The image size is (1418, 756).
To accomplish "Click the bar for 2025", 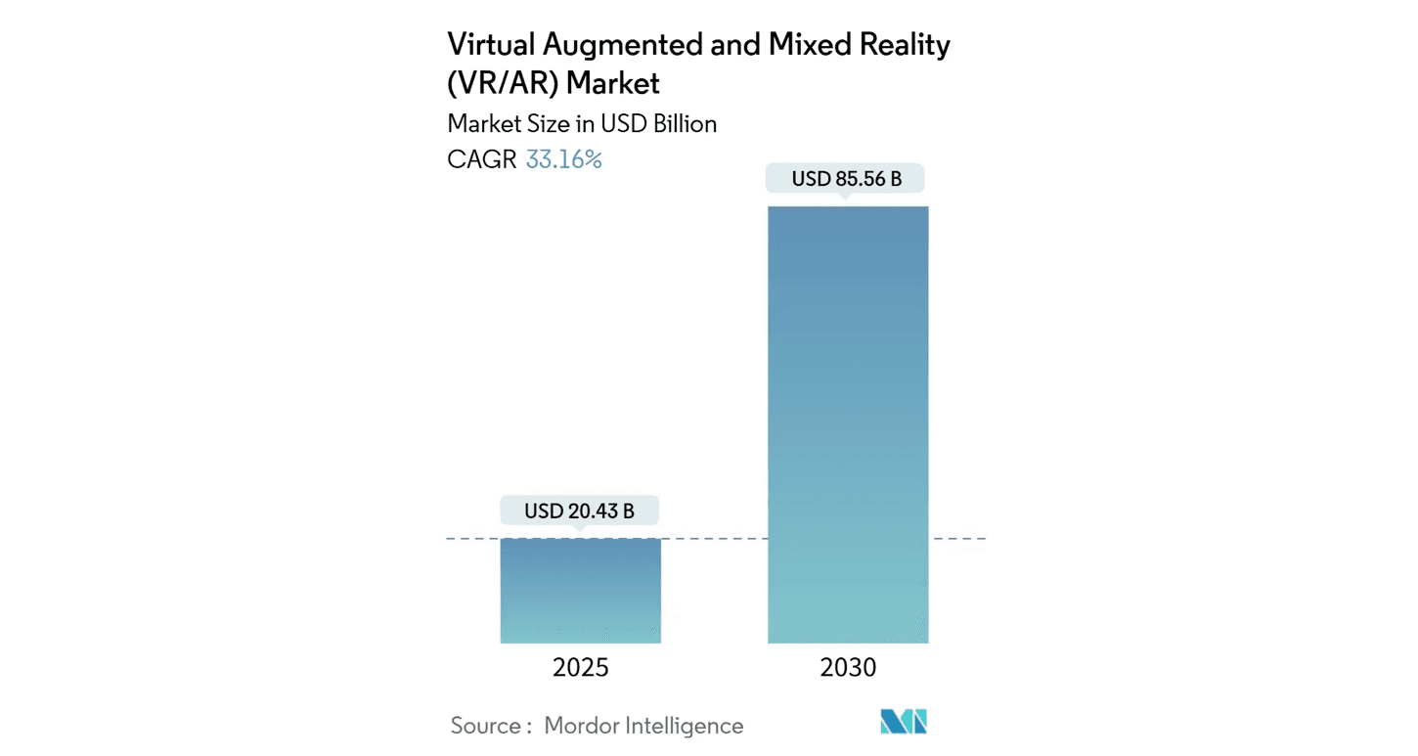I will [580, 591].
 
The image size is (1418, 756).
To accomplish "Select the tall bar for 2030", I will [848, 424].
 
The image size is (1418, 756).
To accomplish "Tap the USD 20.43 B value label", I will [579, 511].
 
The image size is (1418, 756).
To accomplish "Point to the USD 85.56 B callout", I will [847, 179].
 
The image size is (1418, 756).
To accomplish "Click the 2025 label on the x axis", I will [580, 668].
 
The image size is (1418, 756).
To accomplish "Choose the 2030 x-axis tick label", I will [848, 668].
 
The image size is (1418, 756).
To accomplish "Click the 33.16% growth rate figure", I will [563, 159].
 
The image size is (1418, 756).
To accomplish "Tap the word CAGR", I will [482, 159].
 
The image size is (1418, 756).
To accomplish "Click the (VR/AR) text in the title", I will [503, 84].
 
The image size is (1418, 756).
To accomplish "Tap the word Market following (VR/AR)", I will [613, 84].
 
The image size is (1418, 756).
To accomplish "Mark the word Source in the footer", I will [486, 726].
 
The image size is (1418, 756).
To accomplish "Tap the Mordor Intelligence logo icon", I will [903, 723].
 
